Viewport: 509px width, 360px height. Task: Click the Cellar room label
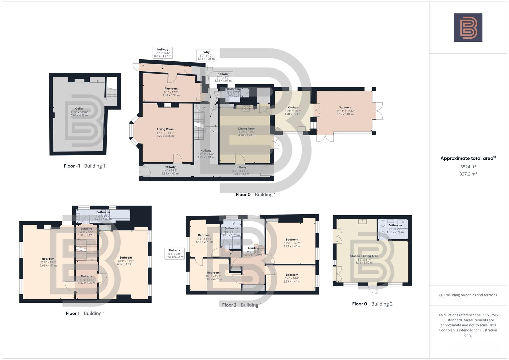[79, 109]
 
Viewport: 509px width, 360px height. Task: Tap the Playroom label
[171, 89]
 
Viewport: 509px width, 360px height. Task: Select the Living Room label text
[165, 129]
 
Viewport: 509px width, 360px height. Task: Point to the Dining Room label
[247, 129]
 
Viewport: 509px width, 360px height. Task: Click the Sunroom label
[345, 108]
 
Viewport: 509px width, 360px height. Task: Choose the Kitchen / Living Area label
[364, 256]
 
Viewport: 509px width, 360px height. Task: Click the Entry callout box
[206, 55]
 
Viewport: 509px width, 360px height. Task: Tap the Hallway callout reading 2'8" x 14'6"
[163, 53]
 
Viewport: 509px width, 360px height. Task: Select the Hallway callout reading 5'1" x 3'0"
[174, 254]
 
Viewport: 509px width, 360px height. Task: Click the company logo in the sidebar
[468, 28]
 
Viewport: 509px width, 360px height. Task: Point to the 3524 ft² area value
[468, 167]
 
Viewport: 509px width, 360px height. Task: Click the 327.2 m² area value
[468, 174]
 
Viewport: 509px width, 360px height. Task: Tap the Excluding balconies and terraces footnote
[468, 295]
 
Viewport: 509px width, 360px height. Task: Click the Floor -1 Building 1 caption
[84, 166]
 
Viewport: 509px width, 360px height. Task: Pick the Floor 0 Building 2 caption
[372, 304]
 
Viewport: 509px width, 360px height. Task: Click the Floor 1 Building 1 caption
[85, 313]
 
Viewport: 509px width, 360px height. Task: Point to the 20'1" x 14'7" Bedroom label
[126, 258]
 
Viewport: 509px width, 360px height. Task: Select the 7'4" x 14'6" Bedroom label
[292, 275]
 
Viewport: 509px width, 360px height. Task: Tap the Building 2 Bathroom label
[395, 225]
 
